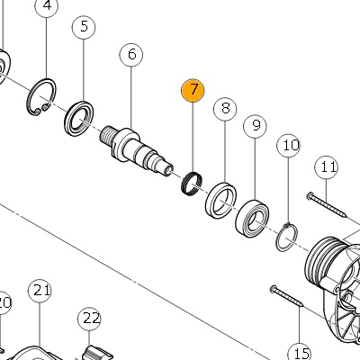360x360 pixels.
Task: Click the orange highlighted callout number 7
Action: (x=193, y=91)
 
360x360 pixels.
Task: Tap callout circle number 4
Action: (x=47, y=6)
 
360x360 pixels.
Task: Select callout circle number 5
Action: (x=84, y=27)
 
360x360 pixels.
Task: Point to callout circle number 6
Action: (x=131, y=55)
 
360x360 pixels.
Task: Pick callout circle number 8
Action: (x=225, y=109)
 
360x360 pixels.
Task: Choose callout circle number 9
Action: (x=256, y=126)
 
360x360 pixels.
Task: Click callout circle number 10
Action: (x=288, y=146)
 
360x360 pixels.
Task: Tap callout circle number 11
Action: (x=327, y=167)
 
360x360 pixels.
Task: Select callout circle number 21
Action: (x=40, y=291)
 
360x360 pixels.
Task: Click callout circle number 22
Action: (x=89, y=319)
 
